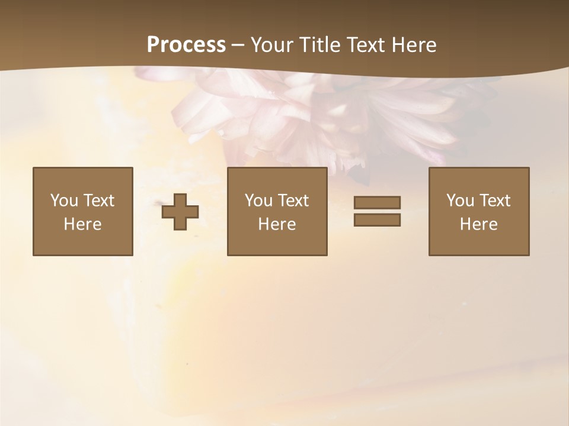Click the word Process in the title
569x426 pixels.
pos(186,45)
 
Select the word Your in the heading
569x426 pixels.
pos(272,45)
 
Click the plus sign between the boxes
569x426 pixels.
pos(180,212)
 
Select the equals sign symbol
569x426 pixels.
pos(377,211)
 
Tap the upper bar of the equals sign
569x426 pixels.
pos(377,202)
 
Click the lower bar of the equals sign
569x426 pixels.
pos(377,220)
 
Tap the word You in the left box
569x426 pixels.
pos(64,201)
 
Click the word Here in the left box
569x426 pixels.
pos(83,224)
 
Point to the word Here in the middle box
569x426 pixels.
pos(277,224)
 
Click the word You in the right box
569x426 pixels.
pos(460,201)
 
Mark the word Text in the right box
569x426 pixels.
pos(494,201)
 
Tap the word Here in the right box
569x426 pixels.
pos(479,224)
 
